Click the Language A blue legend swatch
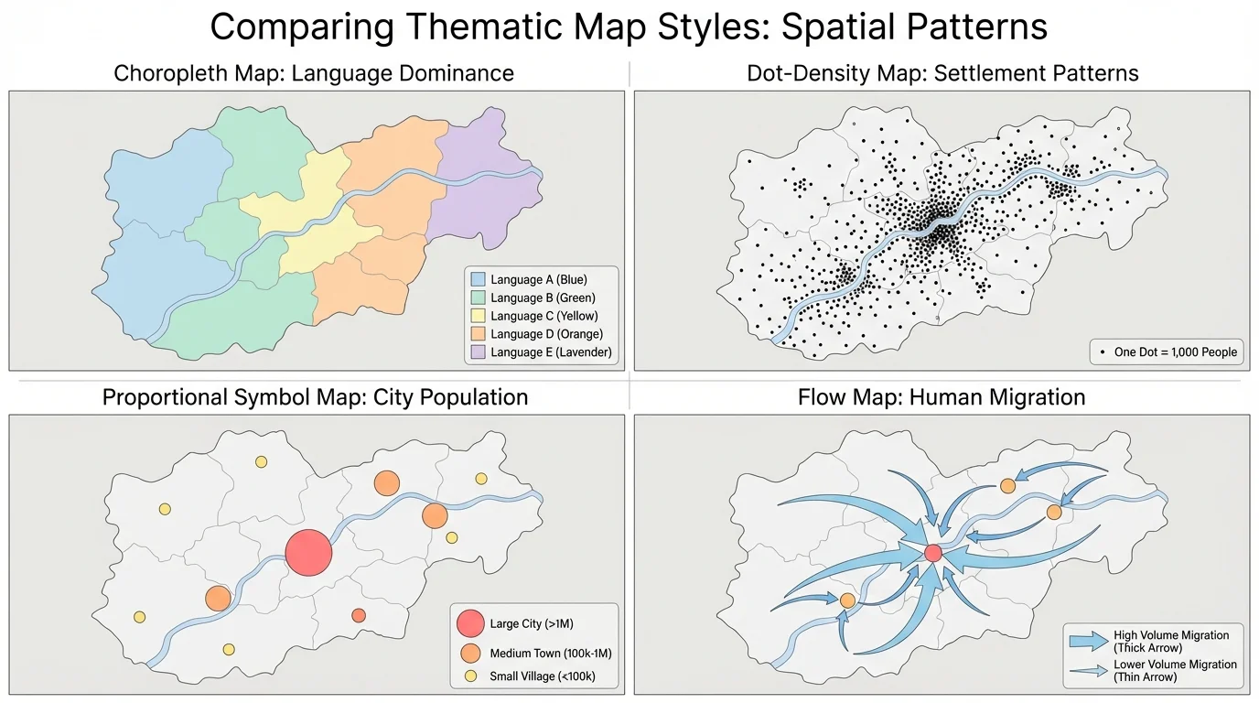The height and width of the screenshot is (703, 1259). [477, 279]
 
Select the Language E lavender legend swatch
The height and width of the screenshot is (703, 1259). [477, 352]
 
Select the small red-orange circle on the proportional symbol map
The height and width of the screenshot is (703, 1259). [359, 615]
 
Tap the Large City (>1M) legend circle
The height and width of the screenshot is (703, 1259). [470, 624]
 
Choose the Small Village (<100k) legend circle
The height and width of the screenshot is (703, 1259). [470, 677]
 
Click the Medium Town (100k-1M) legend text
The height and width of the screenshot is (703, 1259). [550, 654]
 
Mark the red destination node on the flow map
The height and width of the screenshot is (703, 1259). [933, 553]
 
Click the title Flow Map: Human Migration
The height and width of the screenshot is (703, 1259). [942, 397]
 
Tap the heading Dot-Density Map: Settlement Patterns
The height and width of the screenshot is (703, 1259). [942, 73]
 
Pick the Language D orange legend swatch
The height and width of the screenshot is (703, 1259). [477, 334]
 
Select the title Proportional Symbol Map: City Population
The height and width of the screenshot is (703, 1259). [315, 397]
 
